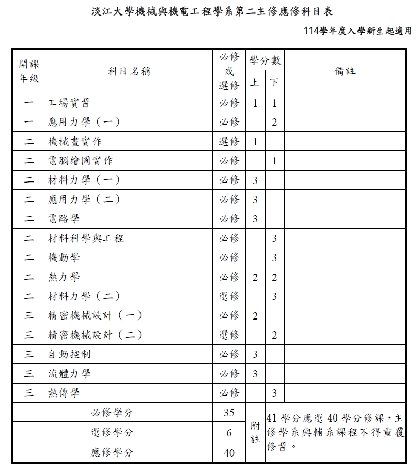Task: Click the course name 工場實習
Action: click(69, 102)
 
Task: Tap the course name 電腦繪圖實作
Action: click(80, 161)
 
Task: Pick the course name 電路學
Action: click(64, 219)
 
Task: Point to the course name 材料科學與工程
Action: click(85, 238)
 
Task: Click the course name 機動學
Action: click(64, 257)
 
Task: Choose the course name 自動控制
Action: click(69, 354)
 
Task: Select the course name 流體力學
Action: click(69, 373)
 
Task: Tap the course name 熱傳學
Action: click(64, 393)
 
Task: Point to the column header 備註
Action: click(345, 71)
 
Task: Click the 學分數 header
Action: click(265, 61)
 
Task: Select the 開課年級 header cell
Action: click(29, 71)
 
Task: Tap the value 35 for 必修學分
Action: click(229, 413)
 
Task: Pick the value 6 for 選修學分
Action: click(229, 433)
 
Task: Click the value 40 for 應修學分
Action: click(229, 452)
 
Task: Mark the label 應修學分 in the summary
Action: click(112, 452)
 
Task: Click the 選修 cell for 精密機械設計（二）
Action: click(229, 335)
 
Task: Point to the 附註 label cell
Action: click(255, 433)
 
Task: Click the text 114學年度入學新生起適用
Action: click(358, 31)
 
